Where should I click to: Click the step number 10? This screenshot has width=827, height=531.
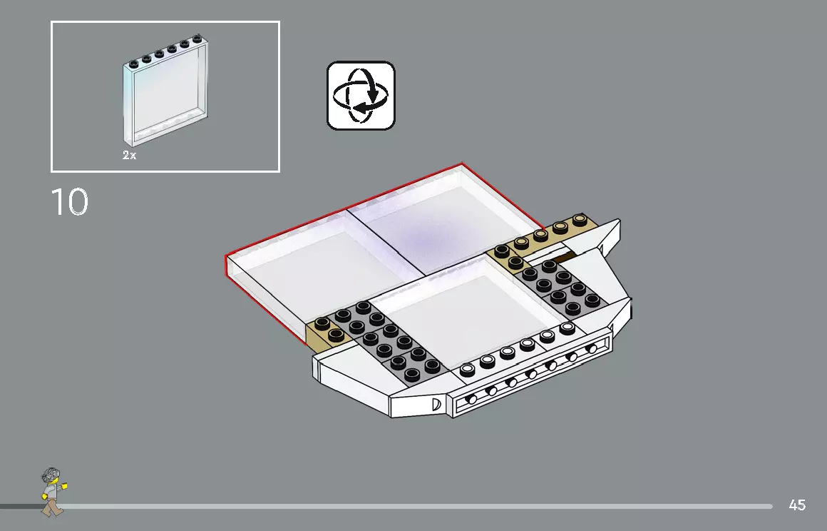69,202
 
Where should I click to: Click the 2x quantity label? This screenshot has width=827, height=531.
129,155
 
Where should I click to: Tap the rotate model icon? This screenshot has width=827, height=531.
361,96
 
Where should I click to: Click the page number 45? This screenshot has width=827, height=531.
797,505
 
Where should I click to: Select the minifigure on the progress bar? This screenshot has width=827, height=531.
52,491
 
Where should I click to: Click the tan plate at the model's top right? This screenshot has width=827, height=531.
549,233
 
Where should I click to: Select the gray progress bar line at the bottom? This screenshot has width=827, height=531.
428,506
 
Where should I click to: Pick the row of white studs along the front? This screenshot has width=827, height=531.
517,350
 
